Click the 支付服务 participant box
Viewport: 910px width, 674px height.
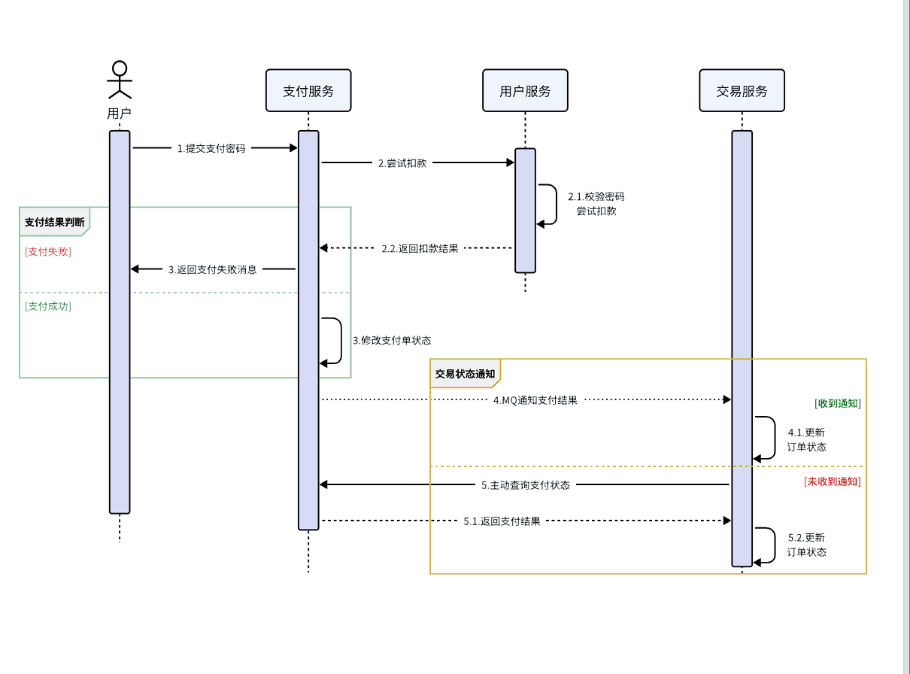(x=308, y=91)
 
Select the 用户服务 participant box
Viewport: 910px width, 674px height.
(x=525, y=91)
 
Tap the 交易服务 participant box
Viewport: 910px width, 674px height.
(x=742, y=91)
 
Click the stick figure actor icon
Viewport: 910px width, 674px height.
(x=120, y=80)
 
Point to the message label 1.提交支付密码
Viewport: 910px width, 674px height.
(x=211, y=149)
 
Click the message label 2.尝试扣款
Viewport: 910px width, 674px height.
(x=402, y=162)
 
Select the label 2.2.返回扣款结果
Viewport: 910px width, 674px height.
(x=420, y=248)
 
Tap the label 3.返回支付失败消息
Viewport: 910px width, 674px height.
(x=212, y=269)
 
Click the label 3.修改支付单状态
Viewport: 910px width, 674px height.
(x=392, y=340)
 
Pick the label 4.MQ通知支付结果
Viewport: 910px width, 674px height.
(x=535, y=400)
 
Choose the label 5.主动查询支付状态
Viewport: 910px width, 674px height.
(x=526, y=485)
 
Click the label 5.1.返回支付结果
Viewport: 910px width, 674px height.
(x=502, y=521)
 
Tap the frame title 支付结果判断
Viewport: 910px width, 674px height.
(x=54, y=222)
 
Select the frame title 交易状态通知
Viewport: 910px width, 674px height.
(x=465, y=374)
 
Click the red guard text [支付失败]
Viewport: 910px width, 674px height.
(x=48, y=252)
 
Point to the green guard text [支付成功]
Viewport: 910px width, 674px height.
(x=48, y=306)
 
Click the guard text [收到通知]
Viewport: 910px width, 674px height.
(x=837, y=403)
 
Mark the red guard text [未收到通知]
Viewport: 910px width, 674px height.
(x=832, y=481)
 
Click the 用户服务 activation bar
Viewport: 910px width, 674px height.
(x=525, y=211)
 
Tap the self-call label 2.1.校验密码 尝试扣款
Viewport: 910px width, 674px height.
(x=596, y=204)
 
